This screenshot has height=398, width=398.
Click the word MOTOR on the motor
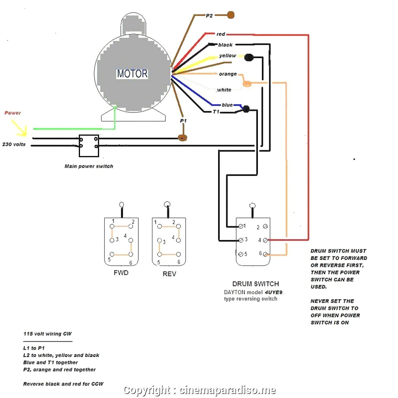pos(132,74)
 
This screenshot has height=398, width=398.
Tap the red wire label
pos(221,34)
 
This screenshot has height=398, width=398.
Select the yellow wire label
pos(227,56)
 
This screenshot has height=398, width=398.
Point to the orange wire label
pos(227,74)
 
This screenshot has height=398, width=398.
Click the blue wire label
pos(227,105)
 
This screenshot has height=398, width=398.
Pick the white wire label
pos(224,90)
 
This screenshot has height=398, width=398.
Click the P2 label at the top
pos(209,15)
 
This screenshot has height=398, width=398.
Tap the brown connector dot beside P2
pos(231,15)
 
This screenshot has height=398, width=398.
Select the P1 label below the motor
pos(183,121)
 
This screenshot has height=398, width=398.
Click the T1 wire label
pos(216,111)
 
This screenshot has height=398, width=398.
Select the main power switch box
pos(89,145)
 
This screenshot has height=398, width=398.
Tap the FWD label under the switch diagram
pos(121,273)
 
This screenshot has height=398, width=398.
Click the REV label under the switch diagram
pos(169,274)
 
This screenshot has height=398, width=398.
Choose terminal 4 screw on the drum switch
pos(265,240)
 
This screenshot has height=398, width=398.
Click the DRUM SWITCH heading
pos(255,284)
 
